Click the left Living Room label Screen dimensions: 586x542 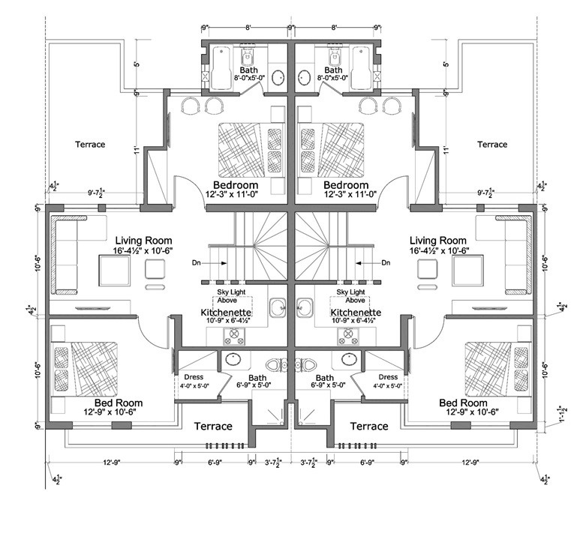pos(143,241)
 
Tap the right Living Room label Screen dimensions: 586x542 pos(438,241)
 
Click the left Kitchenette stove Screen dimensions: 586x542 pos(234,337)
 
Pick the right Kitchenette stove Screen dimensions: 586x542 pos(348,337)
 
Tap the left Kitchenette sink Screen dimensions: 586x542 pos(278,307)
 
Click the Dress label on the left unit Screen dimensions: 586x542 pos(194,377)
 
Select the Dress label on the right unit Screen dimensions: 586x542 pos(388,377)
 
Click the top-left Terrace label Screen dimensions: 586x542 pos(90,145)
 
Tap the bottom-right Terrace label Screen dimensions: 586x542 pos(369,427)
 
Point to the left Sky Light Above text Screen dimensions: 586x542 pos(231,296)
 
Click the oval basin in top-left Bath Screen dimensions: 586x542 pos(278,78)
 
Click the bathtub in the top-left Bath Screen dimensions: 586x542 pos(221,68)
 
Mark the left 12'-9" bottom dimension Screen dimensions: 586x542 pos(112,462)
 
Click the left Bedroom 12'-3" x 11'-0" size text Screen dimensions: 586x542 pos(232,193)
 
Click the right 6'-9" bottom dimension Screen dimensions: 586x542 pos(367,462)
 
